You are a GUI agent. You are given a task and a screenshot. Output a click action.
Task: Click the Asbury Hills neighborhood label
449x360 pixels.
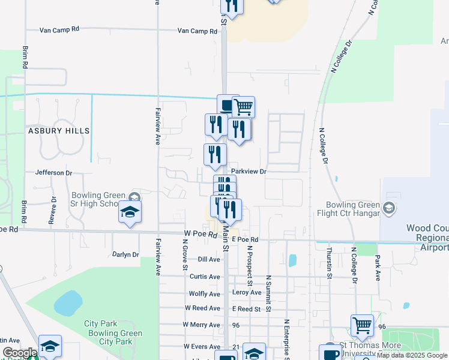click(x=58, y=130)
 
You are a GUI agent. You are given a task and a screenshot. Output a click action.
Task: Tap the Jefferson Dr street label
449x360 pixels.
click(x=53, y=173)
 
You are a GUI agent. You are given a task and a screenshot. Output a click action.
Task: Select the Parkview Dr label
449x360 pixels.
click(x=248, y=172)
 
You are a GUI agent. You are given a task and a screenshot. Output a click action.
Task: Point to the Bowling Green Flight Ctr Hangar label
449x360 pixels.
click(x=352, y=209)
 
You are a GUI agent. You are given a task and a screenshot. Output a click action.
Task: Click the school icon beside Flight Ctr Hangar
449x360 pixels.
click(x=389, y=208)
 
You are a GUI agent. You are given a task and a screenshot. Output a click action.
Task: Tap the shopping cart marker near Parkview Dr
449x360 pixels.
click(x=243, y=107)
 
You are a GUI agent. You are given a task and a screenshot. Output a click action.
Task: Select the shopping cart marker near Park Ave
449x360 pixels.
click(x=362, y=326)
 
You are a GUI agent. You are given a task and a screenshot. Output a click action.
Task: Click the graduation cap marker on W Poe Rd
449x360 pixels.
click(x=130, y=212)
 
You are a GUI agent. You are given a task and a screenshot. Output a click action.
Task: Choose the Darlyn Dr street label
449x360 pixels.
click(x=125, y=254)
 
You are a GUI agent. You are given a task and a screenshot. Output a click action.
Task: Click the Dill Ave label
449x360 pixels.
click(x=209, y=259)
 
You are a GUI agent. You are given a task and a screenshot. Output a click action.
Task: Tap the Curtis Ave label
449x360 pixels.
click(x=205, y=277)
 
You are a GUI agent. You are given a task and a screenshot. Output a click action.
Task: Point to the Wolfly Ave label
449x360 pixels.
click(x=204, y=294)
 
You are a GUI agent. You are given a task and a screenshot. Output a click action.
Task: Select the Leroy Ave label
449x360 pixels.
click(x=247, y=293)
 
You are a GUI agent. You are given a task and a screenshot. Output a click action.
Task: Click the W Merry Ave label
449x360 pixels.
click(x=202, y=325)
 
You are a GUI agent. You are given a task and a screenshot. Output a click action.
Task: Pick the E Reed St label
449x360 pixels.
click(x=247, y=309)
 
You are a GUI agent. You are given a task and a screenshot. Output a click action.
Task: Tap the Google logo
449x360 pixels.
click(x=19, y=353)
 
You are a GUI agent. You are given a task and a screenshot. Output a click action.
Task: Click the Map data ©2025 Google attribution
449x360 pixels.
click(x=412, y=356)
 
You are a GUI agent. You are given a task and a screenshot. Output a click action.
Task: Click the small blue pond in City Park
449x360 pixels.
click(x=68, y=303)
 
